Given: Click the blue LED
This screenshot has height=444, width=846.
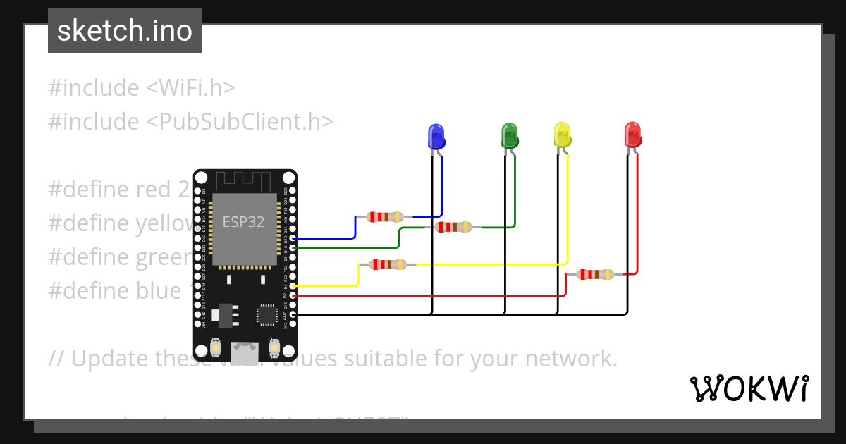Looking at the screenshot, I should pos(436,136).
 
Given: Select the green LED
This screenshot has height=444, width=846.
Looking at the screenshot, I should pos(509,135).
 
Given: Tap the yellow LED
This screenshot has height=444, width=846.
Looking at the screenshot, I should pos(562,135).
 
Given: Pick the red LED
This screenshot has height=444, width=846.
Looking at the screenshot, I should pos(632,135).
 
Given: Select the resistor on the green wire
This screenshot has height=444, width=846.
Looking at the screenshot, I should pos(453,227).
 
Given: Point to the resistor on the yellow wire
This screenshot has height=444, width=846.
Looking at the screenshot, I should pos(388,265).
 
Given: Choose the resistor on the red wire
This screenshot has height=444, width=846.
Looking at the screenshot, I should pos(595,274).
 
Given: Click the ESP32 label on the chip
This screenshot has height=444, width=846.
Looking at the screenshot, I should pos(244,222).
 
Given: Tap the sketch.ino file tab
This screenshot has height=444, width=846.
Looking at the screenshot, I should pos(125,31).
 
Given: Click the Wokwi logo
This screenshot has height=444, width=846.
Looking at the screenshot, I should pos(748,388).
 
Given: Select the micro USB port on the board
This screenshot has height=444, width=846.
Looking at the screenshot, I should pos(245,348).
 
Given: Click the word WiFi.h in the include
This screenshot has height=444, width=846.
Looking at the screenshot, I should pos(190,88).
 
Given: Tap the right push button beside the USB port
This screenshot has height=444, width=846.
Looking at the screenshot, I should pos(274,347).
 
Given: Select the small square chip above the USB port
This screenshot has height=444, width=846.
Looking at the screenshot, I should pos(267,314).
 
